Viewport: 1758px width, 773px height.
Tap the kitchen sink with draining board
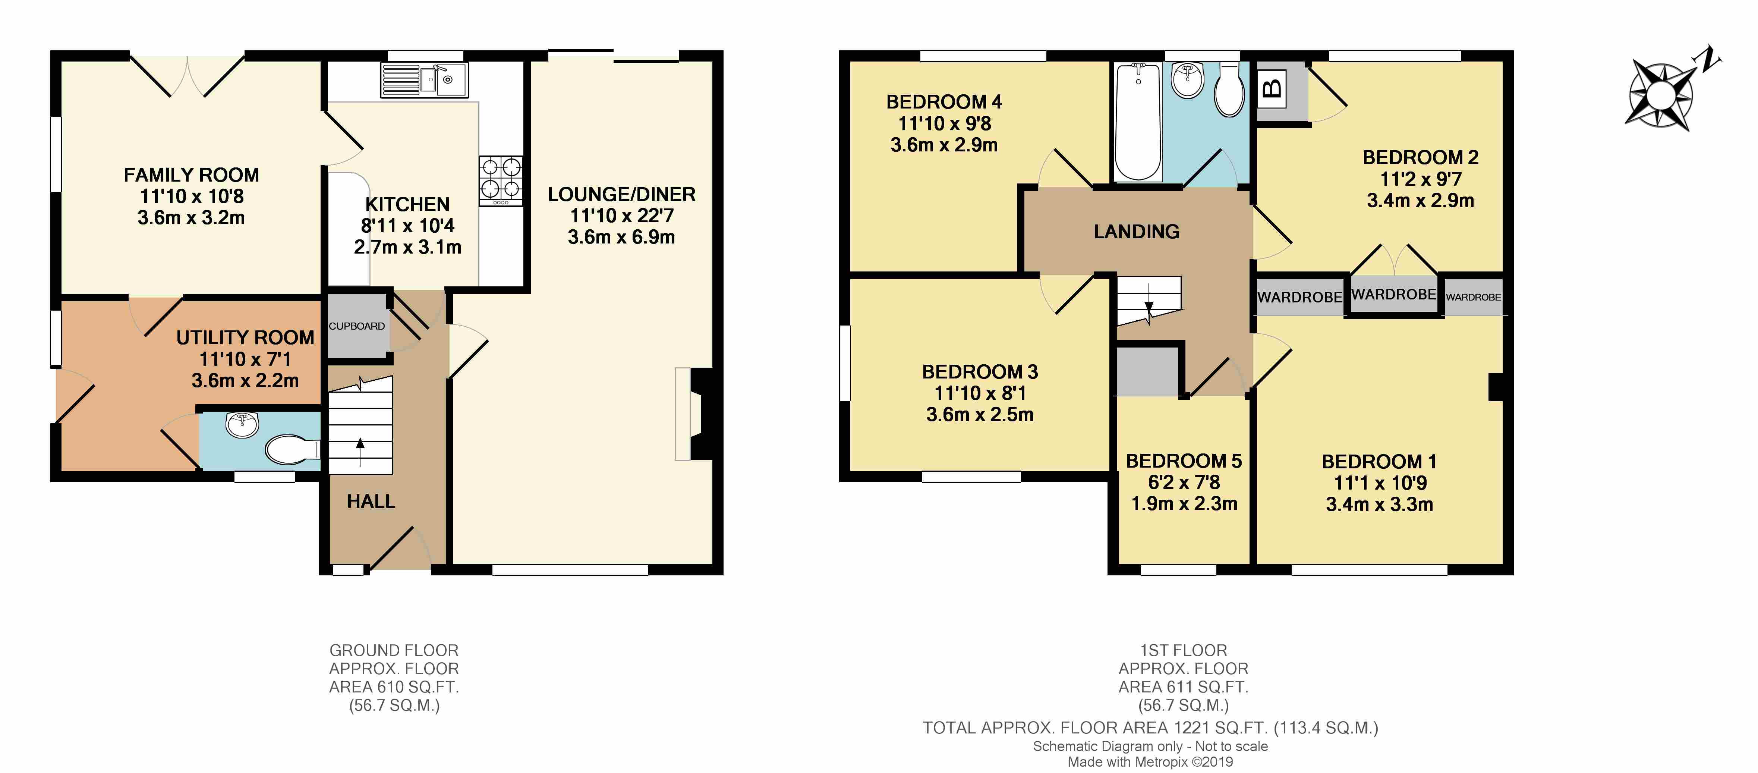[424, 80]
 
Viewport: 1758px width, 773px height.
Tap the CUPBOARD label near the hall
[357, 326]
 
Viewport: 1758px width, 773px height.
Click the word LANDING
[1136, 232]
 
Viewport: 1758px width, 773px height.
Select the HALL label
[371, 502]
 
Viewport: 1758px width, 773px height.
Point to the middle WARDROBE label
[1393, 294]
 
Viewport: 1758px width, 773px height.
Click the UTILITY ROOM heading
[245, 338]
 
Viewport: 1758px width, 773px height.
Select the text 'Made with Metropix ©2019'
[1150, 762]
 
